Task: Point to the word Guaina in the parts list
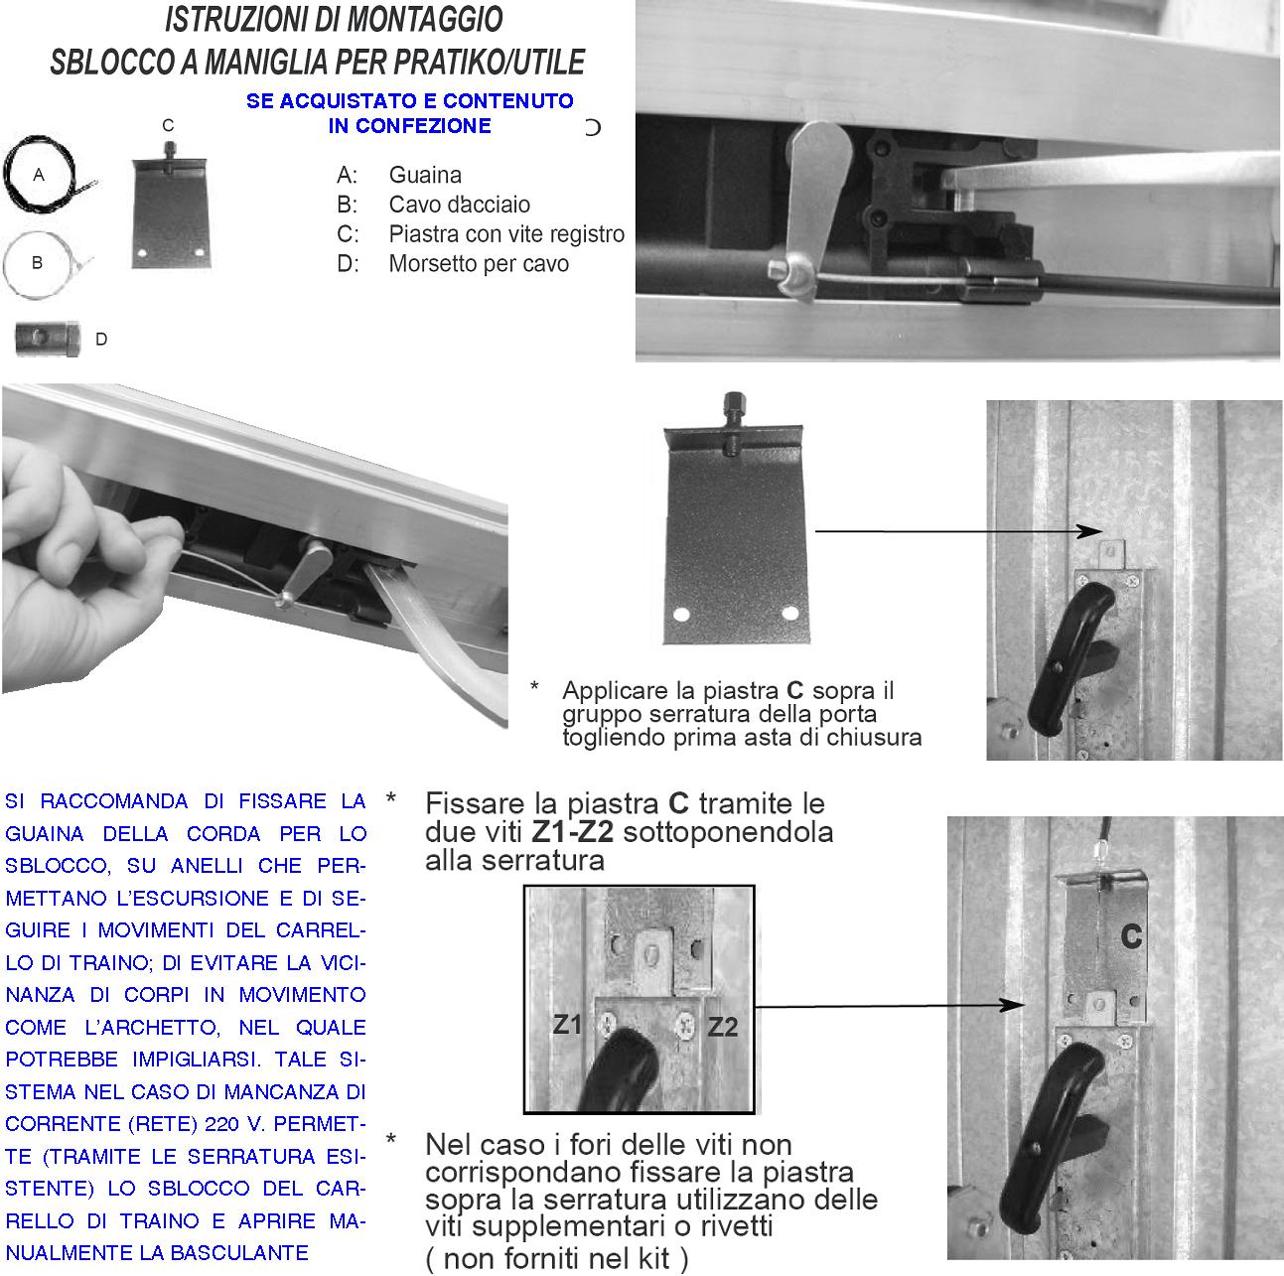pos(425,176)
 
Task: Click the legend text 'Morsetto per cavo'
pos(479,265)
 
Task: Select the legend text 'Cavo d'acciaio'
pos(459,206)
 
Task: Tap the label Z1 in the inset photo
pos(567,1024)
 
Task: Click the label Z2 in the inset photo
pos(722,1027)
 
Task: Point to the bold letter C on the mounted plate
pos(1130,935)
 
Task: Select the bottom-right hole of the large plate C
pos(789,612)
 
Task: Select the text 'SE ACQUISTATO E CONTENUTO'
pos(409,101)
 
